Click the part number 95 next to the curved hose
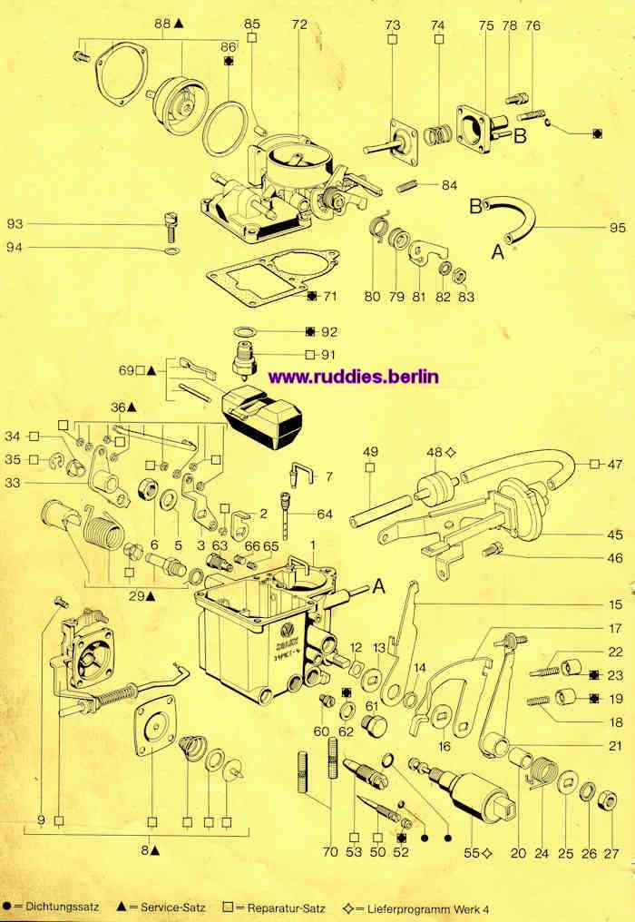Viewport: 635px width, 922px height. (x=618, y=228)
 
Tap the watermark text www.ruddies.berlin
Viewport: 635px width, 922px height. (x=354, y=377)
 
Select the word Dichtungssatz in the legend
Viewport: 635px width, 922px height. (x=63, y=907)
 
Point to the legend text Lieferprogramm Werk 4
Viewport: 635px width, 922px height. (x=428, y=909)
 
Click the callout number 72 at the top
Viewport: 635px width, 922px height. (x=299, y=25)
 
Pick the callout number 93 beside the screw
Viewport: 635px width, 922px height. (x=15, y=224)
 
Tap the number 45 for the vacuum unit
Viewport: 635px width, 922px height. (x=615, y=535)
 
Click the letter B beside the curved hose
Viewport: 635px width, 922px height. (x=476, y=206)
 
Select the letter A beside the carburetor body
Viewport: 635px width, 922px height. (x=378, y=586)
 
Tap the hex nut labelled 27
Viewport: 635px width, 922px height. (x=609, y=801)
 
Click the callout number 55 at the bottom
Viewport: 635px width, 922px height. (x=472, y=852)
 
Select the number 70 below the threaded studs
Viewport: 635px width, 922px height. (x=330, y=852)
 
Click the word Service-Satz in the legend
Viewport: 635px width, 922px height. (x=173, y=907)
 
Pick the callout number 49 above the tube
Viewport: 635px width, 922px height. (x=370, y=452)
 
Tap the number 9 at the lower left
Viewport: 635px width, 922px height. (x=41, y=819)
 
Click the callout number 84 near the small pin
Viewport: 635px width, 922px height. (x=450, y=185)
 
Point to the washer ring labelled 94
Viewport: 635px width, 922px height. (x=171, y=251)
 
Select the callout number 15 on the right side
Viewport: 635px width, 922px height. (x=615, y=604)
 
